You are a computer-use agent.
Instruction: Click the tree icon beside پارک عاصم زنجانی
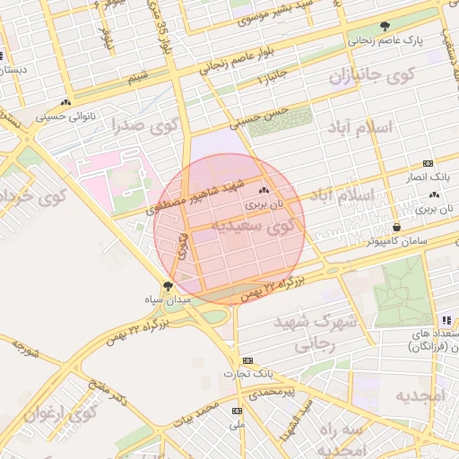coord(385,26)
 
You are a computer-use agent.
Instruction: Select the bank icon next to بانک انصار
coord(427,163)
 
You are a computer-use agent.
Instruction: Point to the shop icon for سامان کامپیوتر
coord(397,226)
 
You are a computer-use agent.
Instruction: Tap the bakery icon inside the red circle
coord(263,190)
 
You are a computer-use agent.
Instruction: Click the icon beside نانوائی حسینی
coord(65,102)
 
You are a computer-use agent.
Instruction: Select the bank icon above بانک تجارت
coord(236,359)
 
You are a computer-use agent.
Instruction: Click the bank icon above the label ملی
coord(237,411)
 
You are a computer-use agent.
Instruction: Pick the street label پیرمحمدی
coord(272,393)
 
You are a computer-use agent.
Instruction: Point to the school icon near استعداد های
coord(446,320)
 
